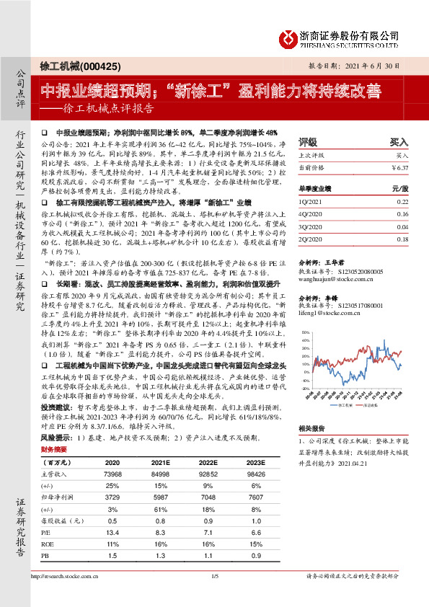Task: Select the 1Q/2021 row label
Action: click(311, 201)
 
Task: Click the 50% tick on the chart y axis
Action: click(304, 332)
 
